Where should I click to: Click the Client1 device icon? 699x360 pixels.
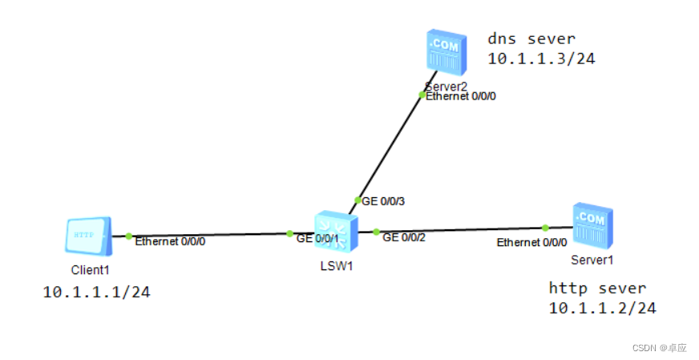pos(87,237)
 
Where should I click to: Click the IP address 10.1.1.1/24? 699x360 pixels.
pos(96,293)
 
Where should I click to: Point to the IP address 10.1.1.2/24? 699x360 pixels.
pos(603,308)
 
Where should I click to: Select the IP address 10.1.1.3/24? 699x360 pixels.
pos(541,59)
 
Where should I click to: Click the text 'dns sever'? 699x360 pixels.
pos(531,38)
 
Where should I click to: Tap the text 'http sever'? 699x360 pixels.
pos(597,288)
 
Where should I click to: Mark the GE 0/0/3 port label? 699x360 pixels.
pos(383,202)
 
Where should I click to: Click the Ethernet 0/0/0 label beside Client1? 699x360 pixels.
pos(170,241)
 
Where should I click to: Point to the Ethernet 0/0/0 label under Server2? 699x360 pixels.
pos(467,96)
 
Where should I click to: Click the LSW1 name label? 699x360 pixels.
pos(336,266)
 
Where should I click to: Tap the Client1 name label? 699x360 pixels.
pos(89,270)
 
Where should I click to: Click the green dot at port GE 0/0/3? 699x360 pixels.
pos(358,200)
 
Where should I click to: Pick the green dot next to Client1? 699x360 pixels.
pos(128,236)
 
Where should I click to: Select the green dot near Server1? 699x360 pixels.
pos(545,228)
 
